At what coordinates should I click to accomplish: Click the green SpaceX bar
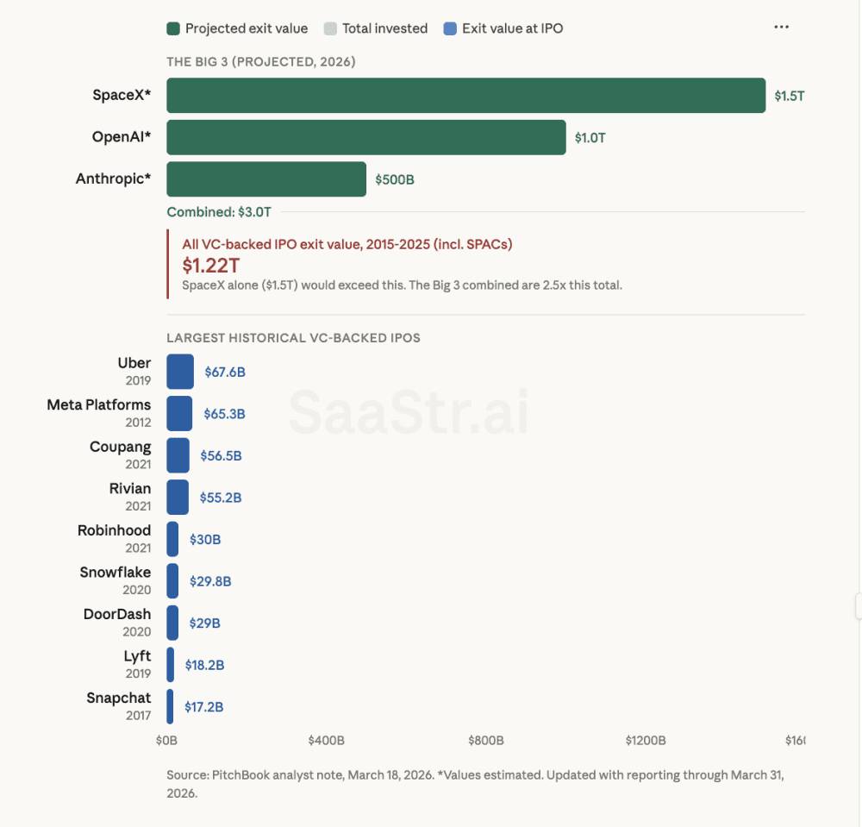[x=465, y=96]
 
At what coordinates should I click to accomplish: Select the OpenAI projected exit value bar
[x=366, y=137]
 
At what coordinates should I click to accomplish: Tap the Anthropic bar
[x=266, y=179]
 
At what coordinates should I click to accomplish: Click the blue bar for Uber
[x=180, y=372]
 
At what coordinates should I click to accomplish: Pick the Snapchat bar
[x=170, y=706]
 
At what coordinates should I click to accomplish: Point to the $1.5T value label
[x=789, y=96]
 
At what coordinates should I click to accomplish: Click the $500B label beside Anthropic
[x=395, y=180]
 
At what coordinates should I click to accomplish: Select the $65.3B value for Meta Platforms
[x=224, y=414]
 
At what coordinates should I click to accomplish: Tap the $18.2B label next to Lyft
[x=205, y=665]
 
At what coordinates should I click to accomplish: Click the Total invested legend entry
[x=376, y=28]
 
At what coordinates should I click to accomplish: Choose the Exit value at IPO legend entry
[x=503, y=28]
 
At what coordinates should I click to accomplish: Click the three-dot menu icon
[x=781, y=28]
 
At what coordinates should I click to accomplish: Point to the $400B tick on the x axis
[x=326, y=741]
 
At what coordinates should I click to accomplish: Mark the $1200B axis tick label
[x=645, y=741]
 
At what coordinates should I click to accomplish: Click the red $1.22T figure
[x=210, y=266]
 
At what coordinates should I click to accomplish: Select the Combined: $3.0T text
[x=219, y=211]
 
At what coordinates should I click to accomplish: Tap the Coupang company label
[x=120, y=447]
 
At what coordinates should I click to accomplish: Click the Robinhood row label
[x=114, y=530]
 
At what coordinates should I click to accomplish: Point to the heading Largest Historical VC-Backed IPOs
[x=293, y=338]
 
